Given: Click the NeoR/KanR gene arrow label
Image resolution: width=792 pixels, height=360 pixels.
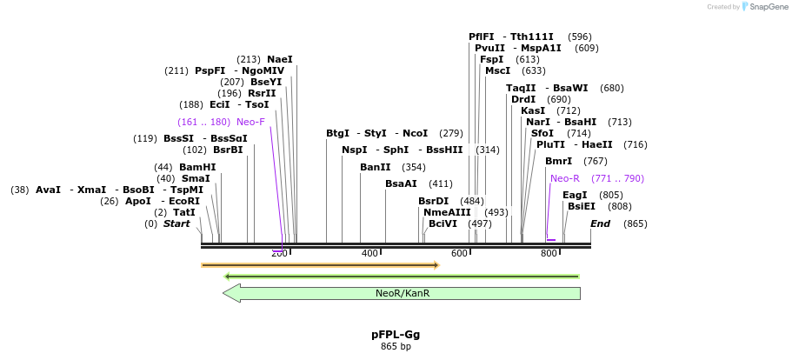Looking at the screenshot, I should pyautogui.click(x=403, y=293).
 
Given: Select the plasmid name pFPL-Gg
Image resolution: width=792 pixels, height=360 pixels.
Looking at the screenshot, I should pyautogui.click(x=396, y=334).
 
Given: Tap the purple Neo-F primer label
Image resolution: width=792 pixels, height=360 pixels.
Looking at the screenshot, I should pyautogui.click(x=250, y=122).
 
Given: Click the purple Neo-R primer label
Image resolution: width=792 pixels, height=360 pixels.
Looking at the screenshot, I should pyautogui.click(x=564, y=178).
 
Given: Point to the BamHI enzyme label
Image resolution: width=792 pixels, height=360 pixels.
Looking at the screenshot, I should pyautogui.click(x=197, y=167).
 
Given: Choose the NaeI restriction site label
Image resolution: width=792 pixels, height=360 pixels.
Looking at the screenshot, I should pyautogui.click(x=280, y=59).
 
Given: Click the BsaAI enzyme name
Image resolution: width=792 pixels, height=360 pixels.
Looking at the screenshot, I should pyautogui.click(x=401, y=183).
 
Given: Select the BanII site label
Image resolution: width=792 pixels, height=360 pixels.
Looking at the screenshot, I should pyautogui.click(x=376, y=167).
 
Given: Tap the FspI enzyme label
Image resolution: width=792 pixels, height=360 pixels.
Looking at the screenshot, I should pyautogui.click(x=491, y=59).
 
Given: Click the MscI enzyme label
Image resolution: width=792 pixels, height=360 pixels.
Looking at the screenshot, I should pyautogui.click(x=497, y=70).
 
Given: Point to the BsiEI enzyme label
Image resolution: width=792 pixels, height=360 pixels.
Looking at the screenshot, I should pyautogui.click(x=582, y=206).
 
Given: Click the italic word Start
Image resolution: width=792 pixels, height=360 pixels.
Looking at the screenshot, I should pyautogui.click(x=176, y=223).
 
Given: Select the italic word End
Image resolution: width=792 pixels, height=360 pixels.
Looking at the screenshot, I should pyautogui.click(x=600, y=223).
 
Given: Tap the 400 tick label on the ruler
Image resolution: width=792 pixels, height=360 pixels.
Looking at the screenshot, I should pyautogui.click(x=369, y=253).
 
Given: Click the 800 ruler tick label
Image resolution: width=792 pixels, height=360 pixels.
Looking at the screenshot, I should pyautogui.click(x=549, y=253).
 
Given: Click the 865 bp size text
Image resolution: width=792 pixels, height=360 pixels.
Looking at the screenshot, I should pyautogui.click(x=396, y=346).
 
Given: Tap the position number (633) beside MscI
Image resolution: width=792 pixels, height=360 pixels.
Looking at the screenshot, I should pyautogui.click(x=534, y=70).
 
